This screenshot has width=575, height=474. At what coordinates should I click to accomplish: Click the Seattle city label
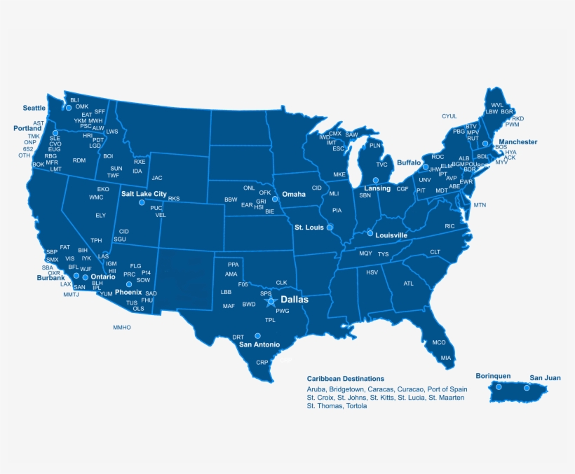[x=34, y=108]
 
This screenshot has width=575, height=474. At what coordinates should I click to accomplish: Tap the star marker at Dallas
[x=272, y=302]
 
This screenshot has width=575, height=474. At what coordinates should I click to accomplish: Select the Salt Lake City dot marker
[x=142, y=202]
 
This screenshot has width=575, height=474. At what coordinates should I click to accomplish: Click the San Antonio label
[x=259, y=344]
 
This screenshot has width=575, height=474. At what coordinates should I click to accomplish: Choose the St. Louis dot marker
[x=330, y=228]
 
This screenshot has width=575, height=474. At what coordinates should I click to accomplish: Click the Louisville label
[x=391, y=235]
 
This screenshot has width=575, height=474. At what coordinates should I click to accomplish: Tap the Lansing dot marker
[x=376, y=181]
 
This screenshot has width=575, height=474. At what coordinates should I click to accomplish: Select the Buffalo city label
[x=408, y=162]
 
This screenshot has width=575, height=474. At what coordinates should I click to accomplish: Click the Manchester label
[x=517, y=142]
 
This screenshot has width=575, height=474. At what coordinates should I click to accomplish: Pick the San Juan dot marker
[x=527, y=388]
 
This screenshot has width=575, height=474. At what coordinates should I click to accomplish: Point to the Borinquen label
[x=493, y=375]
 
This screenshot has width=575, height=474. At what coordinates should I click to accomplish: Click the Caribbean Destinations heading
[x=345, y=378]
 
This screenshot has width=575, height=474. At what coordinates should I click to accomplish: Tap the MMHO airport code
[x=122, y=327]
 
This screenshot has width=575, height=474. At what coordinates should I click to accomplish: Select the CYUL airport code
[x=449, y=116]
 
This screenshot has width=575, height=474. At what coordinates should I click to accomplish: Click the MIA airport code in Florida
[x=446, y=358]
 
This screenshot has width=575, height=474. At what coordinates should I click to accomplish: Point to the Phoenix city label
[x=128, y=292]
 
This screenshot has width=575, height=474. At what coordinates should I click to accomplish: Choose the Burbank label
[x=50, y=277]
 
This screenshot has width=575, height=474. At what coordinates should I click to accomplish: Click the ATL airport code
[x=408, y=284]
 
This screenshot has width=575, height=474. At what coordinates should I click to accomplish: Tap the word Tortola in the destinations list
[x=356, y=405]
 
